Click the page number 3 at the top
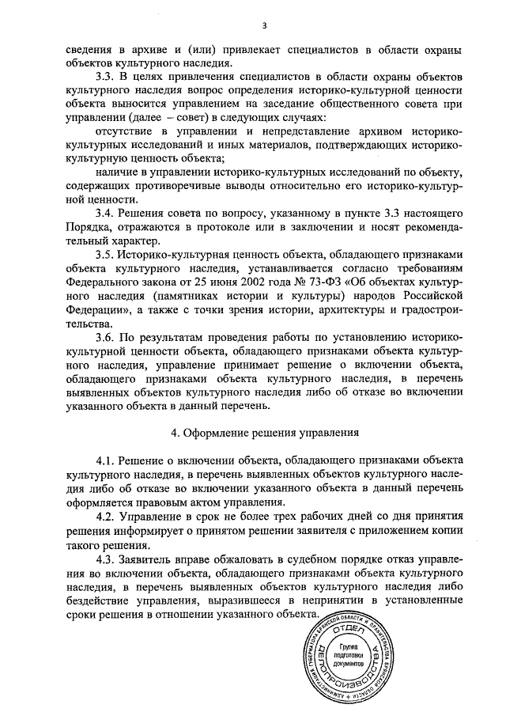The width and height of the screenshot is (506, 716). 253,23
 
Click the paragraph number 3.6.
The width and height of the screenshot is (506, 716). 106,337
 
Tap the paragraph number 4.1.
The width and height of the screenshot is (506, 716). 106,460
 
